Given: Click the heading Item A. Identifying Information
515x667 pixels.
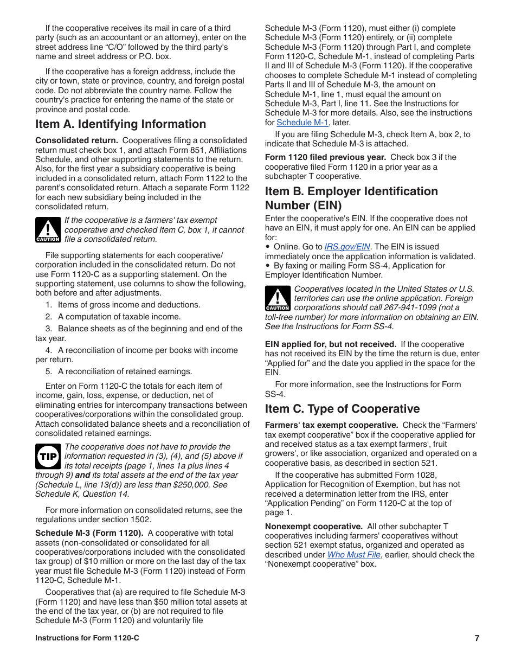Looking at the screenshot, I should [x=120, y=124].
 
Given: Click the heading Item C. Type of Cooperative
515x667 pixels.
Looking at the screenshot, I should [x=342, y=409].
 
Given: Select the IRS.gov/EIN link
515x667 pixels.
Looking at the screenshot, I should [x=347, y=247].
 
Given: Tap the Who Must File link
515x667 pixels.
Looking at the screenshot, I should [x=353, y=555].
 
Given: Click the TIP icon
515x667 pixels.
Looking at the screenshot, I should [x=48, y=457].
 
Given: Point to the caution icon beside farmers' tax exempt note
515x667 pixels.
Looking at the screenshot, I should [x=48, y=230].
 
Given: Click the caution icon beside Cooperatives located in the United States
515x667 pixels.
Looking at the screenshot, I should [x=278, y=299].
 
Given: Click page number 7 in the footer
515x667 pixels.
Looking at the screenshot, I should [x=477, y=638].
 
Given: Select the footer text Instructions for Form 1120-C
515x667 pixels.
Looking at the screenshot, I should [x=87, y=638].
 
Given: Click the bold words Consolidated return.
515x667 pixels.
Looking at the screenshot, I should [x=76, y=140].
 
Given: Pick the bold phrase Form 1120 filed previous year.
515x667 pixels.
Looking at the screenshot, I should [x=325, y=157].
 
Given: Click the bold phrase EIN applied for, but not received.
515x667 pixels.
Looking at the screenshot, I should [x=330, y=344].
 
